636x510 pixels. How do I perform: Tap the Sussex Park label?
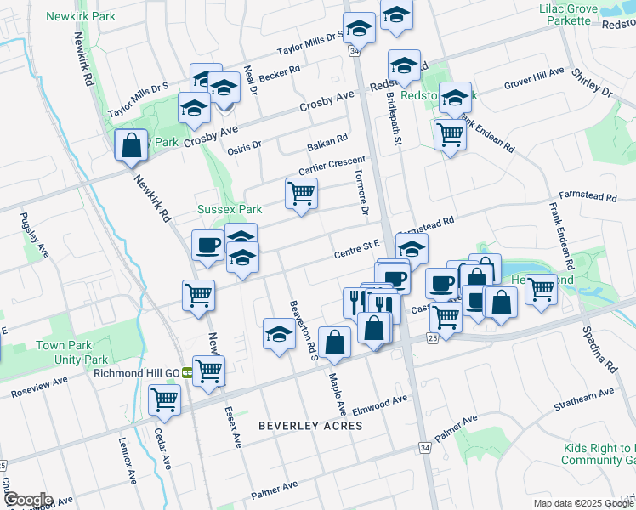pyautogui.click(x=230, y=208)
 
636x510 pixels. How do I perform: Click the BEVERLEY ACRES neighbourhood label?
pyautogui.click(x=310, y=425)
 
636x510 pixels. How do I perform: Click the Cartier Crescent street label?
pyautogui.click(x=332, y=166)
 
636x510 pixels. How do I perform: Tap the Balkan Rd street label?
pyautogui.click(x=328, y=139)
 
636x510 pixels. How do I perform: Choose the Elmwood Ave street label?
pyautogui.click(x=383, y=399)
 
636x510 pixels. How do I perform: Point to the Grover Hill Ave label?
pyautogui.click(x=534, y=81)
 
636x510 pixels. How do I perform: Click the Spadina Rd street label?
pyautogui.click(x=599, y=349)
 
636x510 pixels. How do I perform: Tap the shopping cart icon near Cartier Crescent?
pyautogui.click(x=301, y=194)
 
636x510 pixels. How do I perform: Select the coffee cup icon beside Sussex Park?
pyautogui.click(x=208, y=246)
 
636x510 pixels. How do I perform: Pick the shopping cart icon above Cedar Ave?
pyautogui.click(x=164, y=399)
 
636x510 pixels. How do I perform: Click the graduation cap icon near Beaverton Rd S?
pyautogui.click(x=279, y=333)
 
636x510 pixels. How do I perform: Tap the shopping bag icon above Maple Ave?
pyautogui.click(x=335, y=343)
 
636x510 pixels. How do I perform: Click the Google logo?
pyautogui.click(x=27, y=500)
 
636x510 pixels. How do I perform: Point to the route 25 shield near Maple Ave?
pyautogui.click(x=432, y=338)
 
